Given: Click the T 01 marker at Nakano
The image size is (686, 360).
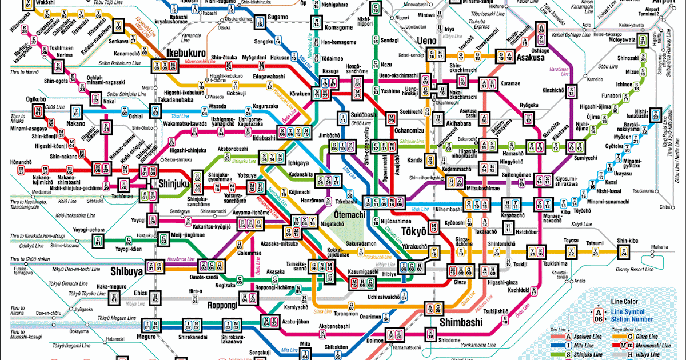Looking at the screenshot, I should pyautogui.click(x=76, y=111).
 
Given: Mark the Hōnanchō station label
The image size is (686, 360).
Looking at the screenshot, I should pyautogui.click(x=21, y=162).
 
